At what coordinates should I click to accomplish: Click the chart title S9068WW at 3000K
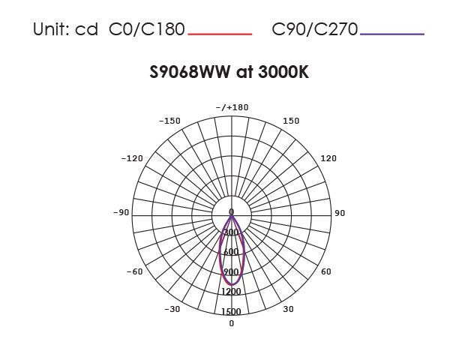[229, 73]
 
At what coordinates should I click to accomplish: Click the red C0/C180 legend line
[219, 34]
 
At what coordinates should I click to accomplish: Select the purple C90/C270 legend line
[391, 34]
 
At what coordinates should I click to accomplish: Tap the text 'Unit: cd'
[65, 30]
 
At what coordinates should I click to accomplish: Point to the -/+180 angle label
[231, 107]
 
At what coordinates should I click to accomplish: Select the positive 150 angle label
[291, 121]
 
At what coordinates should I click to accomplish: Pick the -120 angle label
[132, 158]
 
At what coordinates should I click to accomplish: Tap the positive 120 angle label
[328, 158]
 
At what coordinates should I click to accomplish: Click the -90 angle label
[121, 213]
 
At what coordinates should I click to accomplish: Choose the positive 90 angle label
[340, 213]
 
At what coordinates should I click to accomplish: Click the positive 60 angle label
[326, 271]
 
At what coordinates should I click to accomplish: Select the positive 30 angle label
[288, 309]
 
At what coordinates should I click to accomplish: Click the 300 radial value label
[231, 232]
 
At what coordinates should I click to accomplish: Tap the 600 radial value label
[231, 252]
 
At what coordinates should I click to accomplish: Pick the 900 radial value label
[231, 271]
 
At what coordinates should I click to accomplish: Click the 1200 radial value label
[231, 291]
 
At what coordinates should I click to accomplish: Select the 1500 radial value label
[231, 311]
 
